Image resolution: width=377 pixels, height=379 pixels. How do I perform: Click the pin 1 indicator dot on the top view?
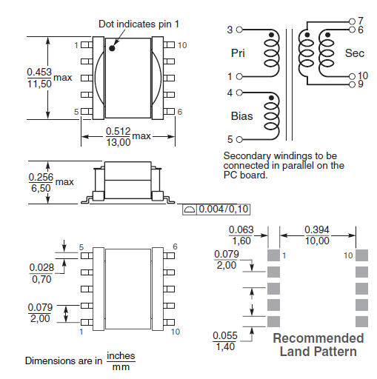(112, 48)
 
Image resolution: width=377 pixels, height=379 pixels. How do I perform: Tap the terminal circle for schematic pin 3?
(239, 30)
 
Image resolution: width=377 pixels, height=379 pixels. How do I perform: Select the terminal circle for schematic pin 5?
(239, 140)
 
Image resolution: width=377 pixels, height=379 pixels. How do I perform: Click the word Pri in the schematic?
(238, 53)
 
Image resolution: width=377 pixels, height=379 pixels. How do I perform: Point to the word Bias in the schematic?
(242, 116)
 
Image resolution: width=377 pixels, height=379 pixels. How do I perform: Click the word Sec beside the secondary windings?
(355, 53)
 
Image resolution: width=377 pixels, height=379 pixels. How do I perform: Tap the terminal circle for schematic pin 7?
(353, 21)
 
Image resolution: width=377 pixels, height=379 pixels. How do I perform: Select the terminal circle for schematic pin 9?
(353, 84)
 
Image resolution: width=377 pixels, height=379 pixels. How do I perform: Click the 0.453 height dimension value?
(39, 72)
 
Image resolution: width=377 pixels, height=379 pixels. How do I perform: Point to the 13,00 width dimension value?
(119, 142)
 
